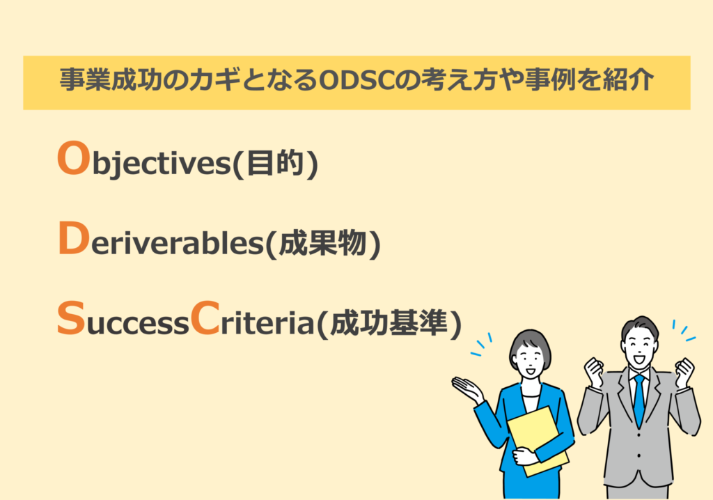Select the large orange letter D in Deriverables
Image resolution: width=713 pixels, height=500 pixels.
(x=71, y=240)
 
